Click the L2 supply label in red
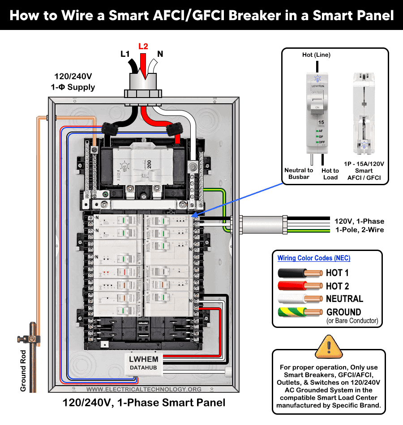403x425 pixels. pyautogui.click(x=143, y=46)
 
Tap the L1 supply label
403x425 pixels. pyautogui.click(x=125, y=54)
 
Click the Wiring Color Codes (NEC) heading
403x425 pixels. pyautogui.click(x=314, y=258)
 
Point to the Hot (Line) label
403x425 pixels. pyautogui.click(x=316, y=55)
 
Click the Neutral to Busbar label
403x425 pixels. pyautogui.click(x=299, y=174)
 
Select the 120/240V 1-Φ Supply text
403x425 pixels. pyautogui.click(x=75, y=81)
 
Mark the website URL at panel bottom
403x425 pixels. pyautogui.click(x=144, y=389)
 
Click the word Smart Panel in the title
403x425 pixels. pyautogui.click(x=357, y=16)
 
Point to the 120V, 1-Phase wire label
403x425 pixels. pyautogui.click(x=359, y=221)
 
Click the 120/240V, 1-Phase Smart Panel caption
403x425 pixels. pyautogui.click(x=144, y=403)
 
